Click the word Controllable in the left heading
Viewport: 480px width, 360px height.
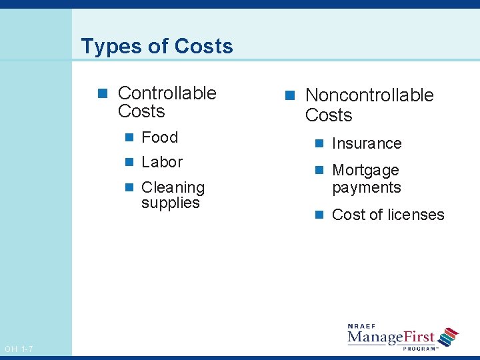click(167, 93)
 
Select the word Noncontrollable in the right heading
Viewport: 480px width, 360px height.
click(369, 95)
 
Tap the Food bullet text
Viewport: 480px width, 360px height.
click(159, 137)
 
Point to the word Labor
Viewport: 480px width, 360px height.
click(162, 162)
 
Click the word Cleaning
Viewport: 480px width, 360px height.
click(173, 187)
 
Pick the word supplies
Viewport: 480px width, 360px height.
click(170, 203)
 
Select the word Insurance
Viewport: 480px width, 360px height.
click(367, 143)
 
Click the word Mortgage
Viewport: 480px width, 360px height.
click(365, 171)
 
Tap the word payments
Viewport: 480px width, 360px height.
click(367, 187)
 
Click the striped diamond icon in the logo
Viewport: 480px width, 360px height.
click(449, 337)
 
